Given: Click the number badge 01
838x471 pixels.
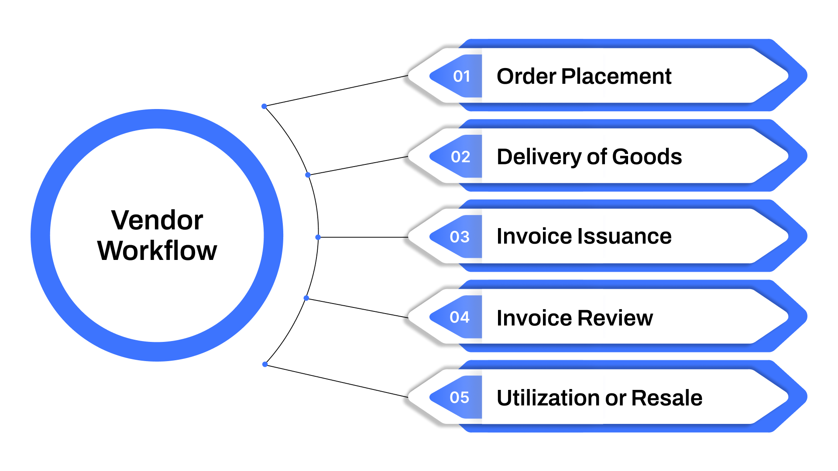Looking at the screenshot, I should [461, 76].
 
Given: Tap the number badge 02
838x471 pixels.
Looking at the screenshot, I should [460, 157].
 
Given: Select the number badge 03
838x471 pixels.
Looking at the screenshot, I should [460, 237].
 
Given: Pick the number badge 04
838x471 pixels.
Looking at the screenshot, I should [460, 317].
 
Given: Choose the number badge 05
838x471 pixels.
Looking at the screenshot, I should [460, 397].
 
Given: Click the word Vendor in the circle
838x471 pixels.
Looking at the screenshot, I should [157, 220].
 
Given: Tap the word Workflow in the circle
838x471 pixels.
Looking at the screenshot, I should [157, 251].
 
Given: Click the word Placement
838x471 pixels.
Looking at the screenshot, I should [616, 76].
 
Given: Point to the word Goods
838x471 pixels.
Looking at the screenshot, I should [647, 157].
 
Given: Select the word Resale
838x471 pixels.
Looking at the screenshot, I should [666, 398].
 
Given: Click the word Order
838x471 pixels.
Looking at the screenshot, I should [526, 76].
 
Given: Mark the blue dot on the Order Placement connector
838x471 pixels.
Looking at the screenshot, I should [264, 106].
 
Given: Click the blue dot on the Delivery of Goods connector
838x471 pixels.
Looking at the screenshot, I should [308, 175].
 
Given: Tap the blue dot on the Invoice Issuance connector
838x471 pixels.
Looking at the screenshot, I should [318, 237].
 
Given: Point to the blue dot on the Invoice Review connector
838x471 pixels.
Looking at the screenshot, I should [306, 298].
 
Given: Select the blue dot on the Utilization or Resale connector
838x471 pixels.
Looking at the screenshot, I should [265, 364].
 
